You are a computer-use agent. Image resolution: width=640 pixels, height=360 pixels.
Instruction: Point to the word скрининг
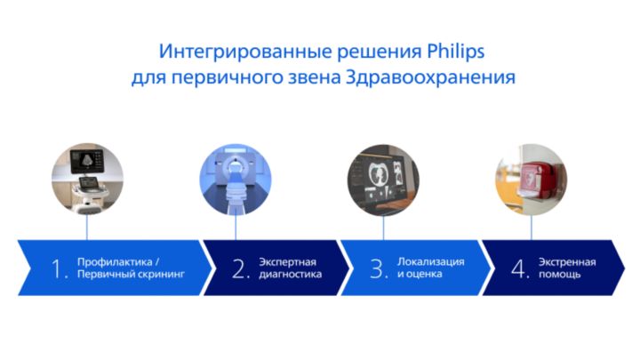click(161, 276)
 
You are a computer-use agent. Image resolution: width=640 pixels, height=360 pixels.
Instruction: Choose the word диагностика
click(291, 276)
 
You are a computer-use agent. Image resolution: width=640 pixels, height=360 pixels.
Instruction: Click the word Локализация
click(430, 262)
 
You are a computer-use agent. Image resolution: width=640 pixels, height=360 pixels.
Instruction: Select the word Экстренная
click(566, 262)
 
